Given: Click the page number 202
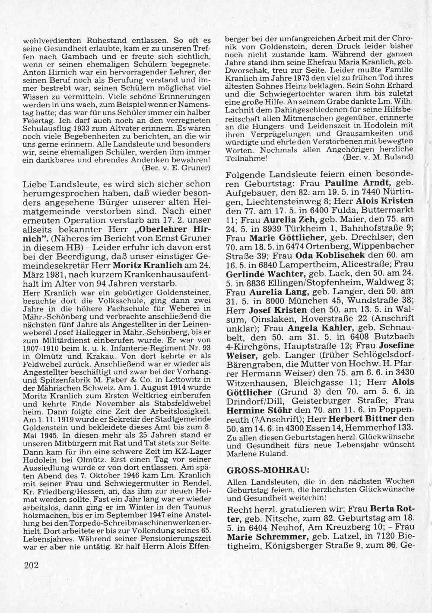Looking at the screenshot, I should [x=30, y=565].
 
